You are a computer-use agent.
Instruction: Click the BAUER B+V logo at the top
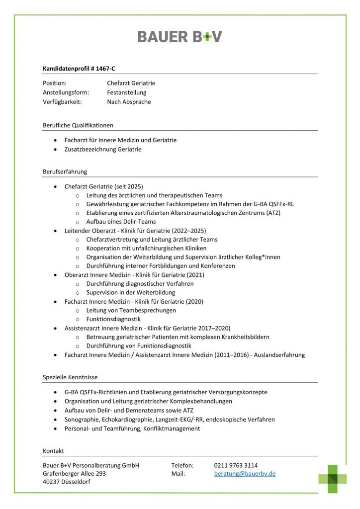(180, 36)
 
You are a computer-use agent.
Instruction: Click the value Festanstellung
(126, 92)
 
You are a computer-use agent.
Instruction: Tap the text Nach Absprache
(129, 102)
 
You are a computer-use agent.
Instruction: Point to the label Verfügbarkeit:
(62, 102)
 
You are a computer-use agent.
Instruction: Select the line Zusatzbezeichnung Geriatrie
(103, 149)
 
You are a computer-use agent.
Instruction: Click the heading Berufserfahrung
(65, 171)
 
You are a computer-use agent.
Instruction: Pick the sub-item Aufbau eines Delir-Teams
(121, 222)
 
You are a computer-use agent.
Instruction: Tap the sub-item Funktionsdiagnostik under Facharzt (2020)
(113, 319)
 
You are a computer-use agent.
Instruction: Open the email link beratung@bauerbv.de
(245, 474)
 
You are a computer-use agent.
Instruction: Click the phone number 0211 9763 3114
(236, 465)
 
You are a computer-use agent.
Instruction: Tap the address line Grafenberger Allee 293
(75, 474)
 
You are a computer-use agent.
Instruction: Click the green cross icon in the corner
(333, 479)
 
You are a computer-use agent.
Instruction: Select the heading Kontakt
(53, 451)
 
